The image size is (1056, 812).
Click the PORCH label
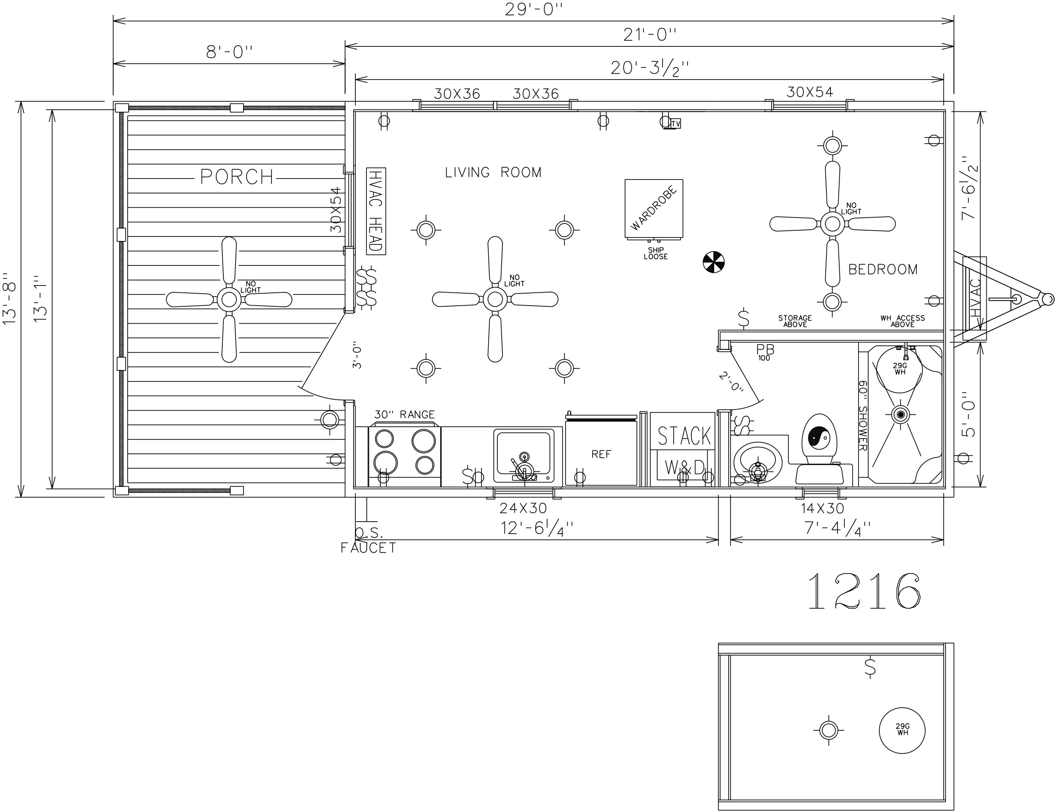[x=237, y=177]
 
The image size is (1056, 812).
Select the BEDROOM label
[x=883, y=269]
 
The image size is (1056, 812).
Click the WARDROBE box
[x=654, y=209]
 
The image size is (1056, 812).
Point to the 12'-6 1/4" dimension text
[x=537, y=528]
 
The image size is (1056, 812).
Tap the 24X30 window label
[x=523, y=508]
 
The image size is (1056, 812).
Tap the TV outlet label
[x=675, y=124]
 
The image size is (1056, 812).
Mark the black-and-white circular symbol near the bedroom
[x=714, y=262]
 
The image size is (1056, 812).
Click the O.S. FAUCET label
[x=369, y=540]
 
